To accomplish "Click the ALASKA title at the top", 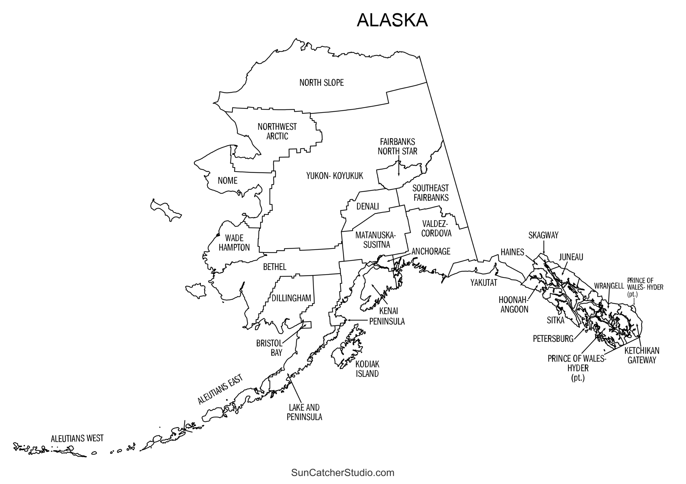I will (392, 20).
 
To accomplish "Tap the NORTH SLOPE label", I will (322, 83).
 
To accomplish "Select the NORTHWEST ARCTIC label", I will (277, 131).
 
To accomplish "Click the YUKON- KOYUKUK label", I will (334, 176).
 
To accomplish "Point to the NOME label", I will (228, 181).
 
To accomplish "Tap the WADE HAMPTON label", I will (234, 243).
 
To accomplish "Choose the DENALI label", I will (367, 206).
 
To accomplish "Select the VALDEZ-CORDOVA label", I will (436, 229).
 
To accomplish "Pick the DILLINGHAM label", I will (291, 298).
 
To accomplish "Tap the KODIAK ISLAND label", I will (367, 369).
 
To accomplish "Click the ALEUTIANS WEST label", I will (77, 439).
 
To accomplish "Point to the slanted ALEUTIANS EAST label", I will (220, 389).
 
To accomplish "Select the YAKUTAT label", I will (484, 283).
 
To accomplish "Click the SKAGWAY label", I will (543, 235).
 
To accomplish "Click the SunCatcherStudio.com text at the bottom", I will (343, 473).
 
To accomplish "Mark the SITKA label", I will (555, 320).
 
